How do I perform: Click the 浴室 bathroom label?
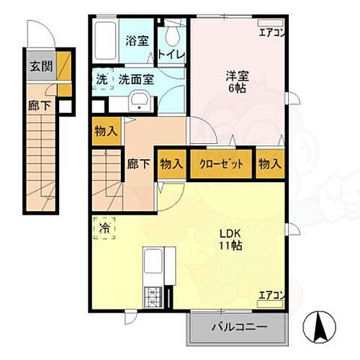(x=138, y=41)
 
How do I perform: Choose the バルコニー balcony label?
(x=239, y=327)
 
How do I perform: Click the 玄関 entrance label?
(x=40, y=67)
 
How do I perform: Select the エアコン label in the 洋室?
(x=272, y=32)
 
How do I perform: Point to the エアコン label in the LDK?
(x=272, y=294)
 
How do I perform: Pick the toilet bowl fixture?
(x=172, y=34)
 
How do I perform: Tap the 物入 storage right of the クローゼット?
(x=270, y=164)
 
